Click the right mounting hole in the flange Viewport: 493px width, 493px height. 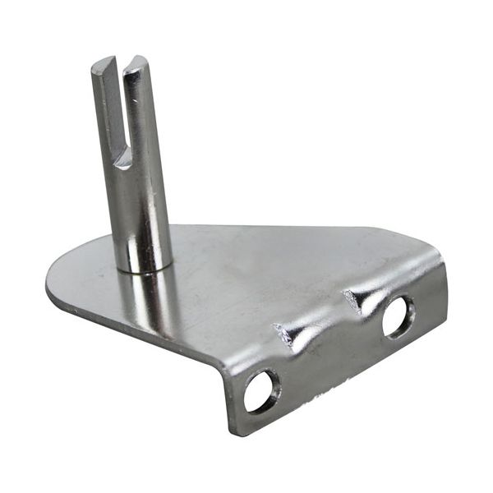[x=399, y=315]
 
